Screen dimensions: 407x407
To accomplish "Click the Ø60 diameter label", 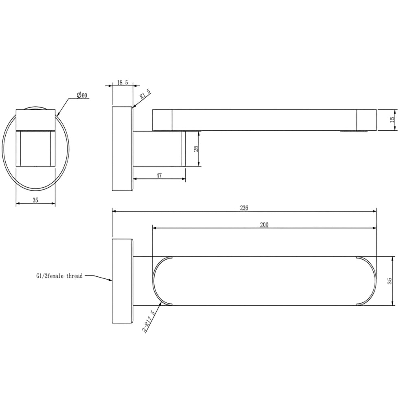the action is pyautogui.click(x=82, y=95).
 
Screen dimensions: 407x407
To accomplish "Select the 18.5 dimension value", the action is pyautogui.click(x=123, y=83).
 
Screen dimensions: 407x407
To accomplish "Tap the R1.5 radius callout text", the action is pyautogui.click(x=145, y=94).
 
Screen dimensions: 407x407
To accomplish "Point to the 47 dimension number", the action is pyautogui.click(x=159, y=175).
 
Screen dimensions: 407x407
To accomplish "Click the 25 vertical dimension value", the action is pyautogui.click(x=196, y=149).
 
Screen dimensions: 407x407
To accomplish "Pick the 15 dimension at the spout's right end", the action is pyautogui.click(x=392, y=120).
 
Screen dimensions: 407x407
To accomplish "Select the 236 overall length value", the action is pyautogui.click(x=244, y=208).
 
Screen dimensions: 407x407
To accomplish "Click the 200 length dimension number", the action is pyautogui.click(x=264, y=225).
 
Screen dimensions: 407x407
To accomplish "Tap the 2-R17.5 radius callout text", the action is pyautogui.click(x=149, y=322).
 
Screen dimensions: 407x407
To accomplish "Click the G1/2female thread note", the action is pyautogui.click(x=59, y=276).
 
